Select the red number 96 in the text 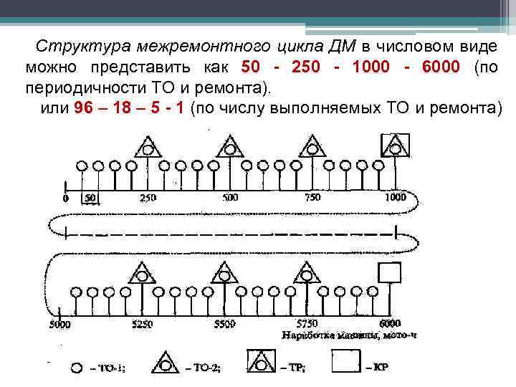pyautogui.click(x=84, y=108)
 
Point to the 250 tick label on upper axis pyautogui.click(x=147, y=198)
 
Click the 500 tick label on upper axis pyautogui.click(x=230, y=198)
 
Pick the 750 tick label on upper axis pyautogui.click(x=312, y=198)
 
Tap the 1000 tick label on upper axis pyautogui.click(x=394, y=198)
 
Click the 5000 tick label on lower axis pyautogui.click(x=59, y=324)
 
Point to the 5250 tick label pyautogui.click(x=143, y=324)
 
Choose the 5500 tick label pyautogui.click(x=224, y=324)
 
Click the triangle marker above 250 pyautogui.click(x=147, y=148)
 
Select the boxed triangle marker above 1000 pyautogui.click(x=393, y=146)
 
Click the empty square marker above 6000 pyautogui.click(x=390, y=274)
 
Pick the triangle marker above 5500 pyautogui.click(x=225, y=272)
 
